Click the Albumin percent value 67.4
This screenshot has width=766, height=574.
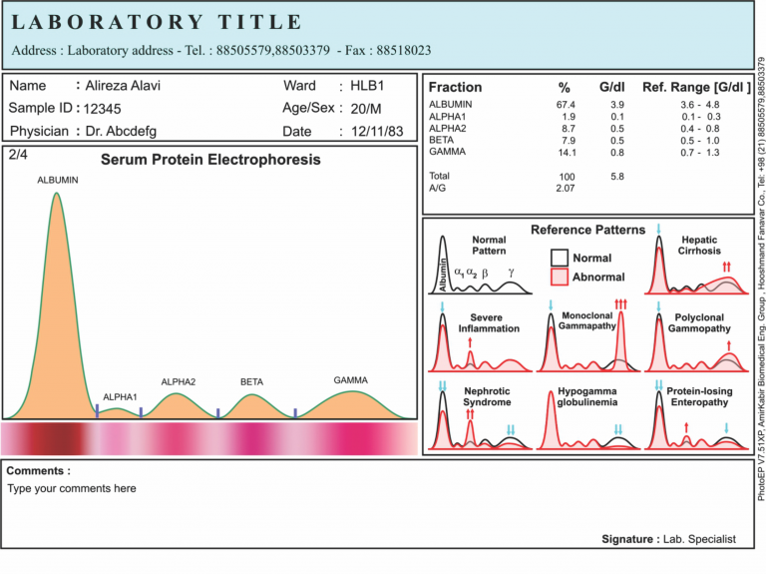tap(566, 105)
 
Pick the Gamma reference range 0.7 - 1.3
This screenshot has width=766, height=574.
tap(698, 153)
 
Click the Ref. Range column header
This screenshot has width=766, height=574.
tap(696, 87)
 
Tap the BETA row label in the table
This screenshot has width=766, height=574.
tap(441, 141)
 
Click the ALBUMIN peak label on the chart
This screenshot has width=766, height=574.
tap(57, 180)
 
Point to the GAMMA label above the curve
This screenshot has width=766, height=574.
tap(351, 380)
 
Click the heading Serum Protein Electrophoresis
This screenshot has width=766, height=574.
tap(210, 160)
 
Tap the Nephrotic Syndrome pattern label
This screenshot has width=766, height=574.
tap(487, 396)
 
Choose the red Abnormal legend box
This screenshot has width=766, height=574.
tap(559, 276)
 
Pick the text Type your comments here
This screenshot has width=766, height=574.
tap(72, 489)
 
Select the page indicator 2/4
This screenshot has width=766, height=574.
tap(18, 155)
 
